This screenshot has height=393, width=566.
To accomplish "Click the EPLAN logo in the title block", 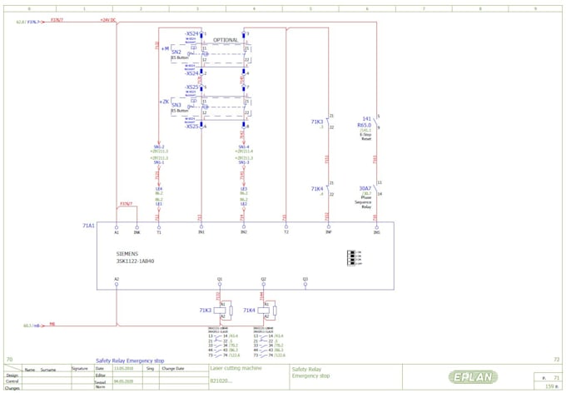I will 474,377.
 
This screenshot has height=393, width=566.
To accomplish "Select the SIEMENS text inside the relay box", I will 127,253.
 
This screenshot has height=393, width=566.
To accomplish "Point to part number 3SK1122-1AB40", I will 135,261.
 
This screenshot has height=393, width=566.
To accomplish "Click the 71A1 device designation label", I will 88,226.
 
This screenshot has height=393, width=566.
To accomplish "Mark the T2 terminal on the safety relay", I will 285,232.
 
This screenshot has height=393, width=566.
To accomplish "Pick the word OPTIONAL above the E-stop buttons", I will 226,40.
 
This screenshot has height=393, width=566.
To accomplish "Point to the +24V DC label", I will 108,19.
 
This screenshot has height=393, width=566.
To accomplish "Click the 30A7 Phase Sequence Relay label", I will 365,194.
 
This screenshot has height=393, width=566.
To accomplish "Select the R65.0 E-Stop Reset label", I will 366,127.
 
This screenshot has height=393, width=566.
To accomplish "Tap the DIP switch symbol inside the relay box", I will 355,255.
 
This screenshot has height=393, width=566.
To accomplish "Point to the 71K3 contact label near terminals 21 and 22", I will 317,122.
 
